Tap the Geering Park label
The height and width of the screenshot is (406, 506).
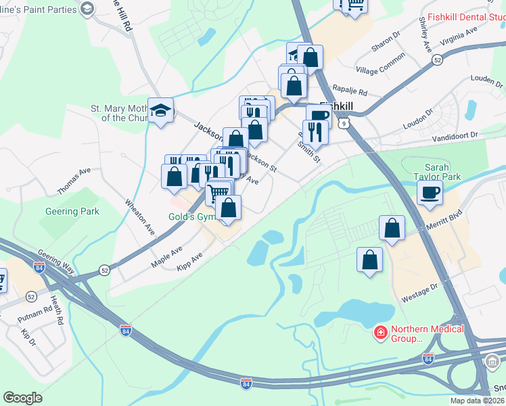(x=72, y=211)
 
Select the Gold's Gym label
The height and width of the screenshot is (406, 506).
(x=192, y=217)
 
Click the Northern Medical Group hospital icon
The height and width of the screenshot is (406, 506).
(x=381, y=333)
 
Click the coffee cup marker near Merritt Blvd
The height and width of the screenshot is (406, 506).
(x=430, y=193)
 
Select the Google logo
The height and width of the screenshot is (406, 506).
(x=22, y=398)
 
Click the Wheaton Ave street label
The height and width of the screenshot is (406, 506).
(x=140, y=217)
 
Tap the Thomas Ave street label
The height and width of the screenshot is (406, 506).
(x=74, y=181)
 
